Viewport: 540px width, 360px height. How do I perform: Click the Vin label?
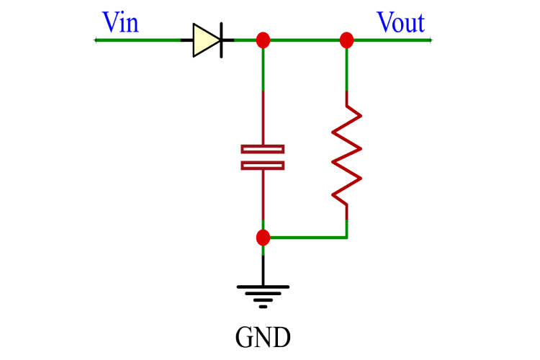coord(120,23)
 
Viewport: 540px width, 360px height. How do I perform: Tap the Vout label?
coord(400,23)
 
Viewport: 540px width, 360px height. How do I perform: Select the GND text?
coord(263,336)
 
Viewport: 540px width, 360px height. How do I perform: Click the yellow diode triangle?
coord(204,40)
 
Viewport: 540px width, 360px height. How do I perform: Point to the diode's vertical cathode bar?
coord(220,40)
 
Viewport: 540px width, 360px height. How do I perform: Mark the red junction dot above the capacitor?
coord(263,40)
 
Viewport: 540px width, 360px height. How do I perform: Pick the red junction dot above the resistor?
coord(346,40)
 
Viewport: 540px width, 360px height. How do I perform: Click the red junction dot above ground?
coord(263,237)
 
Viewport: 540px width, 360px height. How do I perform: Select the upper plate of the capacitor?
coord(263,149)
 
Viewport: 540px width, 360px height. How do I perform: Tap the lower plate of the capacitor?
coord(263,165)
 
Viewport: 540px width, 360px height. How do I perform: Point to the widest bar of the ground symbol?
coord(263,287)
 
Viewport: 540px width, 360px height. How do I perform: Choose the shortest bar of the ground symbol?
coord(263,306)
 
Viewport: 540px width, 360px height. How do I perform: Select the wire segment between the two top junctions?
coord(305,40)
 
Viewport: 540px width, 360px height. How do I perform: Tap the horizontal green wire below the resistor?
coord(306,237)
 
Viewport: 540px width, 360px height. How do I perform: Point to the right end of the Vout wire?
coord(429,40)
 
